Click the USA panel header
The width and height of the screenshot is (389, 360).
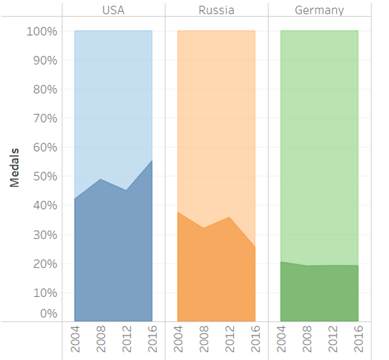coord(113,10)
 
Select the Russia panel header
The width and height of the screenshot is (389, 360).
coord(216,10)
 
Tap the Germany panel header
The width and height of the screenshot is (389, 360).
coord(319,10)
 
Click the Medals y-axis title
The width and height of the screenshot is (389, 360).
coord(15,168)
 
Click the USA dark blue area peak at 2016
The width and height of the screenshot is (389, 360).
coord(152,161)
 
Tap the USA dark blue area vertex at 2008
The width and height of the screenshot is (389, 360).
coord(101,179)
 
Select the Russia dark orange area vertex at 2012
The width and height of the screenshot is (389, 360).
coord(230,218)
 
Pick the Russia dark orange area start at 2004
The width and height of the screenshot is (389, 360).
coord(178,212)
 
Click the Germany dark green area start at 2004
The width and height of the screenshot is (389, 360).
coord(281,262)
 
